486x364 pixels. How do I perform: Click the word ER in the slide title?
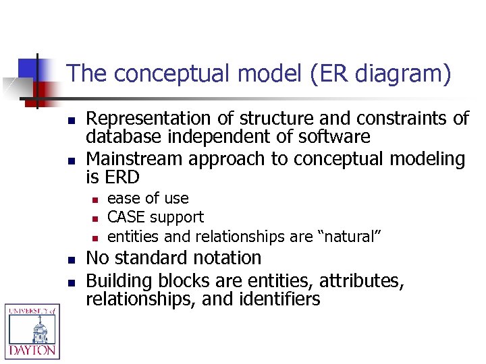pos(327,73)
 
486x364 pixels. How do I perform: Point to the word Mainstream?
pos(136,159)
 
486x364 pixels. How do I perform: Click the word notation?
pos(227,257)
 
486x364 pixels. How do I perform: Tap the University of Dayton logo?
pos(32,330)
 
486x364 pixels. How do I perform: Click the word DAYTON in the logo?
pos(32,351)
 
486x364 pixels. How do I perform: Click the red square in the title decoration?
pos(43,90)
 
